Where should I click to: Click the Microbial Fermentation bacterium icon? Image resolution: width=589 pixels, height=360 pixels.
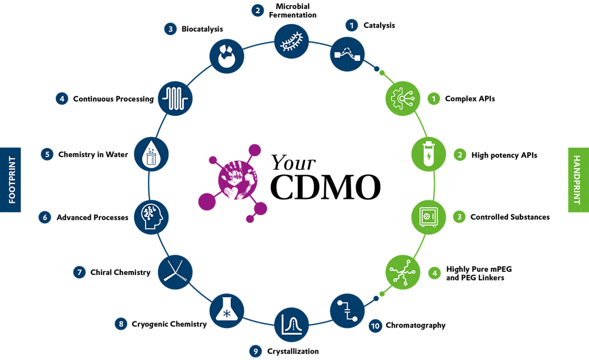coord(291,41)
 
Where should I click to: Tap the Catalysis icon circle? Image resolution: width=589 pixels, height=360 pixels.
coord(347,54)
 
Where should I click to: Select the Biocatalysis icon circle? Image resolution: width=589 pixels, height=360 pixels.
coord(227,56)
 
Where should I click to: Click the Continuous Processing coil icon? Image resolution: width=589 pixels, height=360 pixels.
coord(175,98)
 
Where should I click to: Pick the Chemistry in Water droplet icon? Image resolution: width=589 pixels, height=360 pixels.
coord(151,154)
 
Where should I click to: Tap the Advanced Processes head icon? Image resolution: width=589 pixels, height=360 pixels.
coord(151,217)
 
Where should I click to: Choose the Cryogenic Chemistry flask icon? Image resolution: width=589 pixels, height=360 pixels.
coord(227,311)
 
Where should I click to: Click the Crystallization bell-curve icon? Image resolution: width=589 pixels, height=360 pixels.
coord(291,325)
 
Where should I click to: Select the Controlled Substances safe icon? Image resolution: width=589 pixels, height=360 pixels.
coord(428,217)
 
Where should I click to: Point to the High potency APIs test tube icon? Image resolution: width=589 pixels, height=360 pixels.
coord(428,154)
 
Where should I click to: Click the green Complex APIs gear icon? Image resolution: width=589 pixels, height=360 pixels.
coord(403,98)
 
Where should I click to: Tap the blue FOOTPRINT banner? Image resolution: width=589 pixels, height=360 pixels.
coord(10,180)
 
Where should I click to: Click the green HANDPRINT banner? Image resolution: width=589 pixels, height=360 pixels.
coord(578,180)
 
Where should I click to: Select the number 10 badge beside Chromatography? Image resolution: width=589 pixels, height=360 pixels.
coord(375,326)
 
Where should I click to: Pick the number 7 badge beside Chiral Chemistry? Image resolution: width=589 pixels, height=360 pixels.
coord(80,272)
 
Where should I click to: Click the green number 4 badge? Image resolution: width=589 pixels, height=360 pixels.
coord(435,273)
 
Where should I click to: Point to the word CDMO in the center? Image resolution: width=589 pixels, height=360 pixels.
coord(325,187)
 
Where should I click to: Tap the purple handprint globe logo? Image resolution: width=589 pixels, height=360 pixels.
coord(233,183)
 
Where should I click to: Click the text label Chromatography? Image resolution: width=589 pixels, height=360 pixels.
coord(416,326)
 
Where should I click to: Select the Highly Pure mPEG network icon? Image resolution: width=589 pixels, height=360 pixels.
coord(403,272)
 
